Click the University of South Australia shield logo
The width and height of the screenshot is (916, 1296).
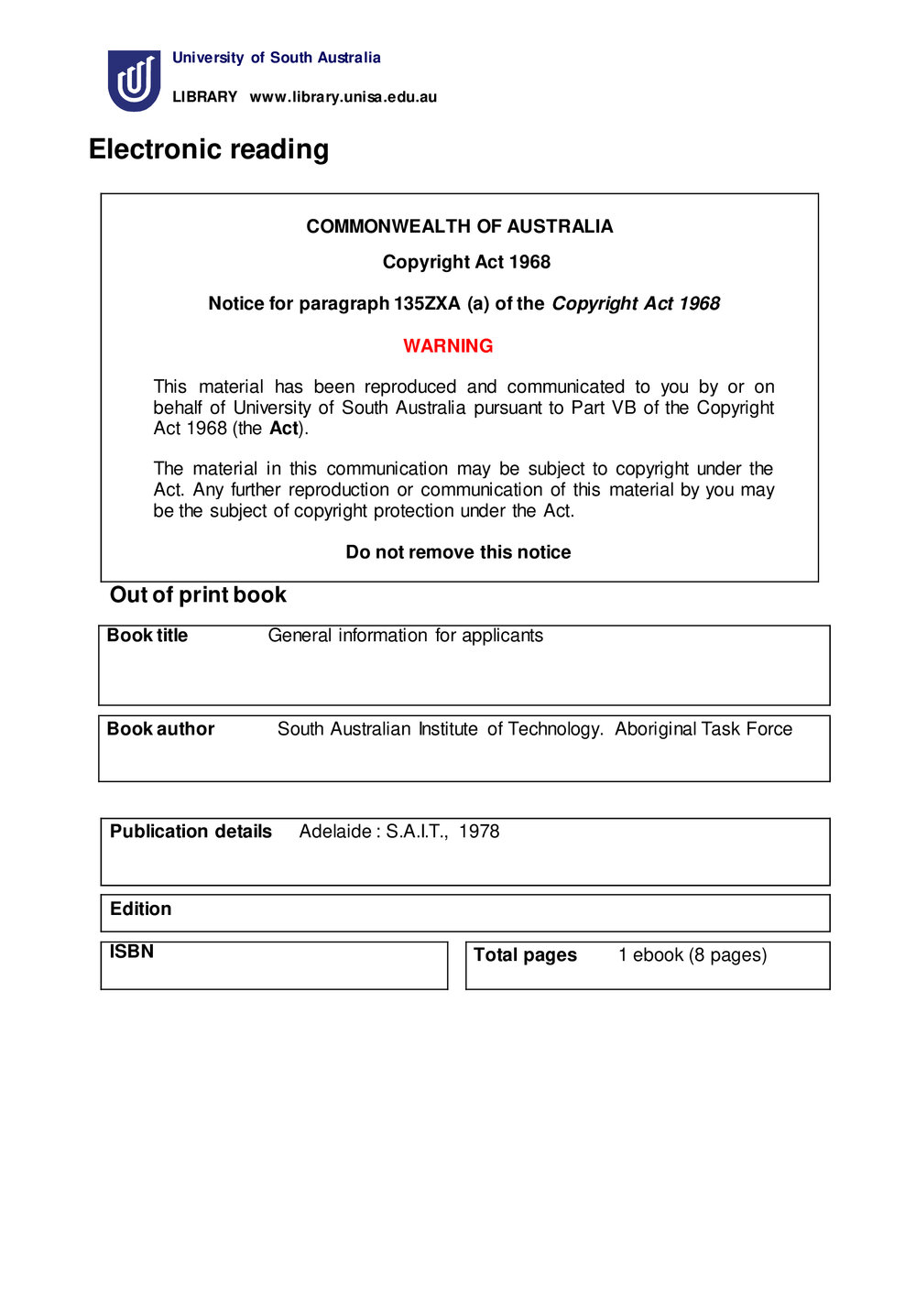click(x=134, y=81)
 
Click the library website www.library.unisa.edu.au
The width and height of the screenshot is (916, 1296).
click(x=343, y=97)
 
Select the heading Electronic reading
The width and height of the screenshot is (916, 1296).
click(x=209, y=149)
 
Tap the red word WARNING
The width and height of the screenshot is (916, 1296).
click(x=448, y=346)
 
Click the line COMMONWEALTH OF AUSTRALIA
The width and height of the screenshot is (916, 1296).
click(x=459, y=226)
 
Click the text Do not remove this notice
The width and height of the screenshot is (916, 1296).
click(x=458, y=552)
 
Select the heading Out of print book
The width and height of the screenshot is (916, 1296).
click(x=198, y=595)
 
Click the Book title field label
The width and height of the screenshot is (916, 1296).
click(x=147, y=636)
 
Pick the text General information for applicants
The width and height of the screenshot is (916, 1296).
click(x=405, y=636)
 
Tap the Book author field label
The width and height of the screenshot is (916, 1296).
click(x=160, y=729)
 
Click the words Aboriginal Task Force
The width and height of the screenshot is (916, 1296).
click(x=703, y=729)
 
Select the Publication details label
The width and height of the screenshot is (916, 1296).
click(x=191, y=832)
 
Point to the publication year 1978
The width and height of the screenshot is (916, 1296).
click(x=479, y=832)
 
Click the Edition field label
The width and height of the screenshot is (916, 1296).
click(x=140, y=909)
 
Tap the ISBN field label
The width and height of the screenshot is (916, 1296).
click(x=132, y=952)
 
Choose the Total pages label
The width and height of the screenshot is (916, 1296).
click(x=525, y=955)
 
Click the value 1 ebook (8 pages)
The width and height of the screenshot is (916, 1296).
click(x=692, y=955)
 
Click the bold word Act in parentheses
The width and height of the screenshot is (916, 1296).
click(x=283, y=429)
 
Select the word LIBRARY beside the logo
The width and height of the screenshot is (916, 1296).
click(x=204, y=97)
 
